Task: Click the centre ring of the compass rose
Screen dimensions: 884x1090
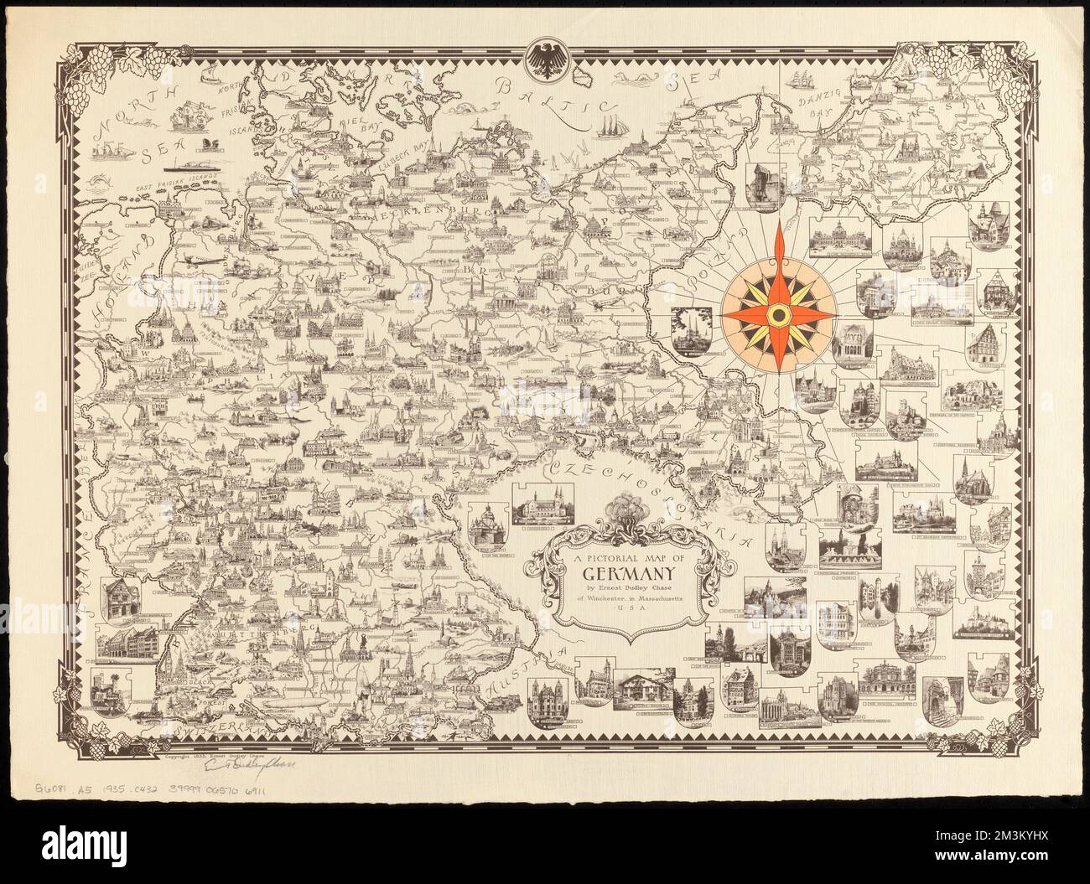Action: [778, 314]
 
